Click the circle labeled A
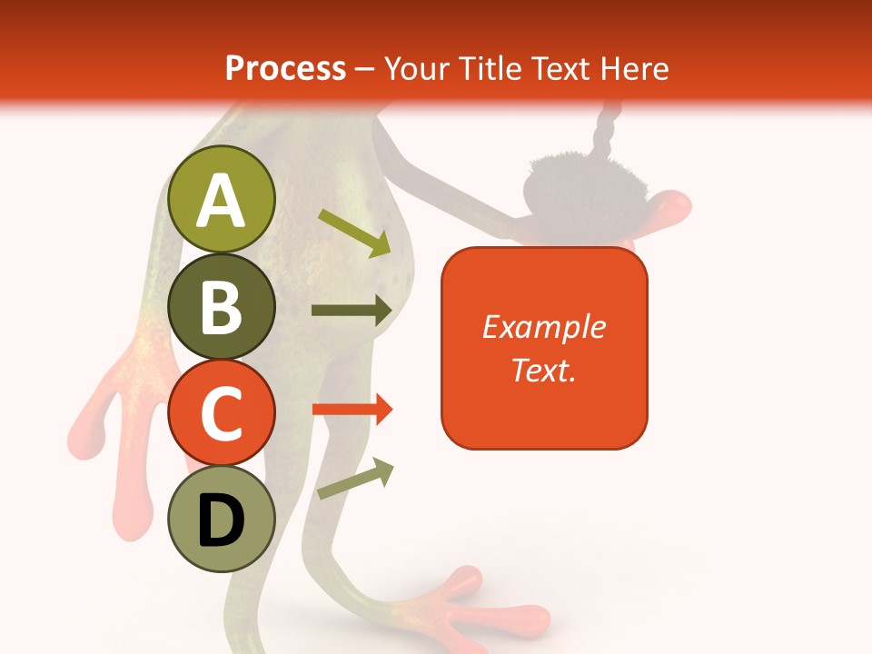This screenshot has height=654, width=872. (221, 200)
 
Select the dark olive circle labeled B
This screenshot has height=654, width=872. (221, 307)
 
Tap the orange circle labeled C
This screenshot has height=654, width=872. (221, 412)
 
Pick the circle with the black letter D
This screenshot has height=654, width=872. (221, 520)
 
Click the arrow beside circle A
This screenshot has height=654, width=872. (354, 233)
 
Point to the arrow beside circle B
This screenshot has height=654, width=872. (351, 311)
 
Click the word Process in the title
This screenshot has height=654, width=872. (285, 68)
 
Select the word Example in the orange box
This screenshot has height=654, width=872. (543, 327)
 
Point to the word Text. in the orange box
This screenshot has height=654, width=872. (543, 370)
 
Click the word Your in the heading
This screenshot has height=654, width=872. (417, 68)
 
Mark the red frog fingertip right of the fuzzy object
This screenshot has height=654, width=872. (672, 207)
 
